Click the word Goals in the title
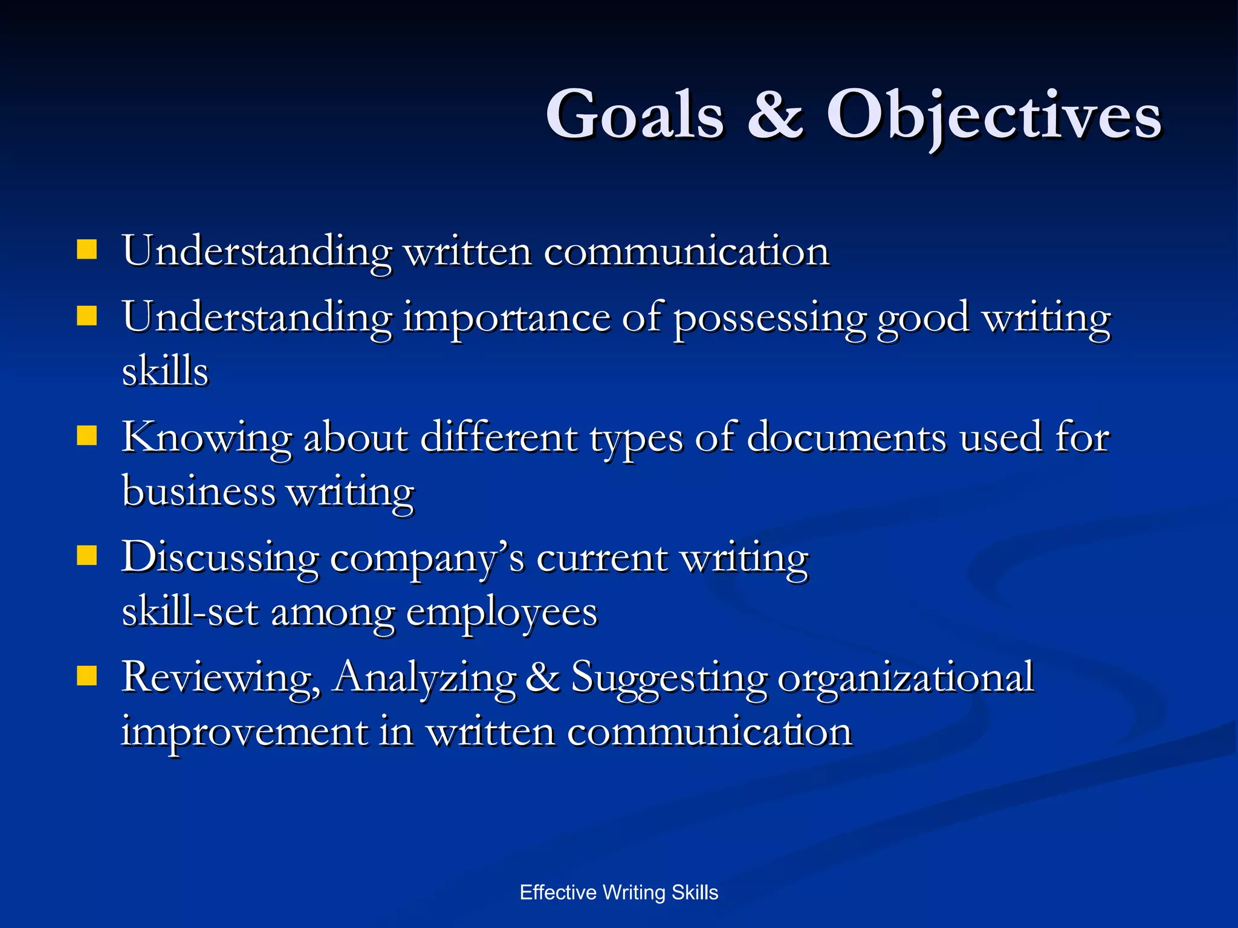point(635,115)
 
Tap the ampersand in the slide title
point(775,115)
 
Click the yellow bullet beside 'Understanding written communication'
point(87,250)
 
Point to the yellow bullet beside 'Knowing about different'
point(87,436)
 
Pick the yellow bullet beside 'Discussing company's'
point(87,555)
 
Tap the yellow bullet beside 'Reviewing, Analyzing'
point(87,676)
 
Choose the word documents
point(846,437)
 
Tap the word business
point(198,490)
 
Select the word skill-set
point(190,611)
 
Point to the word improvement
point(244,732)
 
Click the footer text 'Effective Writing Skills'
point(619,892)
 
